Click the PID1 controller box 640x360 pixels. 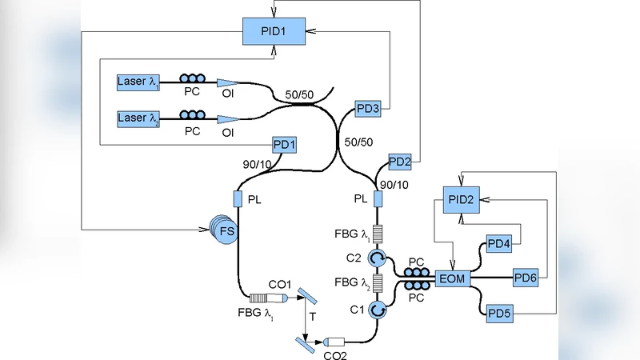tap(274, 33)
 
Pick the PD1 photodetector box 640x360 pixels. tap(285, 144)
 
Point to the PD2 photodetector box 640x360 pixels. tap(399, 162)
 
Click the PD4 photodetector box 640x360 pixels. tap(498, 245)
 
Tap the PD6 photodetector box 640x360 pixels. tap(524, 278)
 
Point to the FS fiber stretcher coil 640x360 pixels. tap(225, 231)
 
